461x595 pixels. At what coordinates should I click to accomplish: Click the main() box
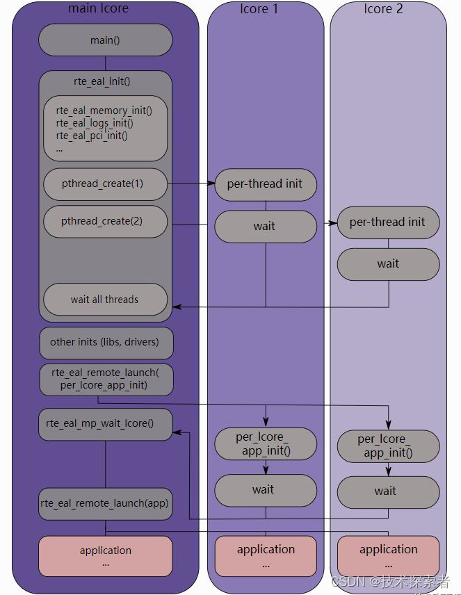[x=105, y=40]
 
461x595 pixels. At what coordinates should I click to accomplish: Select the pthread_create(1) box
[x=105, y=184]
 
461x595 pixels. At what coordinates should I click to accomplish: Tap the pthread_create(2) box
[x=105, y=222]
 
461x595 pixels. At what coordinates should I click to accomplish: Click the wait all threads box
[x=105, y=300]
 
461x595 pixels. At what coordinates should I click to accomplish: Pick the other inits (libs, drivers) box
[x=105, y=342]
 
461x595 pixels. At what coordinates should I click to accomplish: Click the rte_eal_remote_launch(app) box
[x=105, y=503]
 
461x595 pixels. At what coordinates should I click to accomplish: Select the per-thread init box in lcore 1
[x=265, y=184]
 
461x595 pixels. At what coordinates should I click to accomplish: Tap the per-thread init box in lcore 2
[x=388, y=222]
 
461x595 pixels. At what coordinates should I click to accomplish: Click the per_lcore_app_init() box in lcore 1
[x=265, y=444]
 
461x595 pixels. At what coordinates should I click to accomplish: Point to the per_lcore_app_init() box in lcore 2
[x=388, y=446]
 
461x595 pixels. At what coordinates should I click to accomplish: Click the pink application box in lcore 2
[x=388, y=555]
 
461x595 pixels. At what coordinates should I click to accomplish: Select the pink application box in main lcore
[x=105, y=555]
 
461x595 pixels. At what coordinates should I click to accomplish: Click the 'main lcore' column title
[x=99, y=9]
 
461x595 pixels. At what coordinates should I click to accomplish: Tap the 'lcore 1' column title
[x=259, y=9]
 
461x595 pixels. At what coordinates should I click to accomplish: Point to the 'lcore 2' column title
[x=383, y=9]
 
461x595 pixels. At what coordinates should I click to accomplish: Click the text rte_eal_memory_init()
[x=104, y=111]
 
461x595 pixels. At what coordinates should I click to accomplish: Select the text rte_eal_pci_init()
[x=92, y=136]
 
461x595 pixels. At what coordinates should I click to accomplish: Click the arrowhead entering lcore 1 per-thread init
[x=211, y=184]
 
